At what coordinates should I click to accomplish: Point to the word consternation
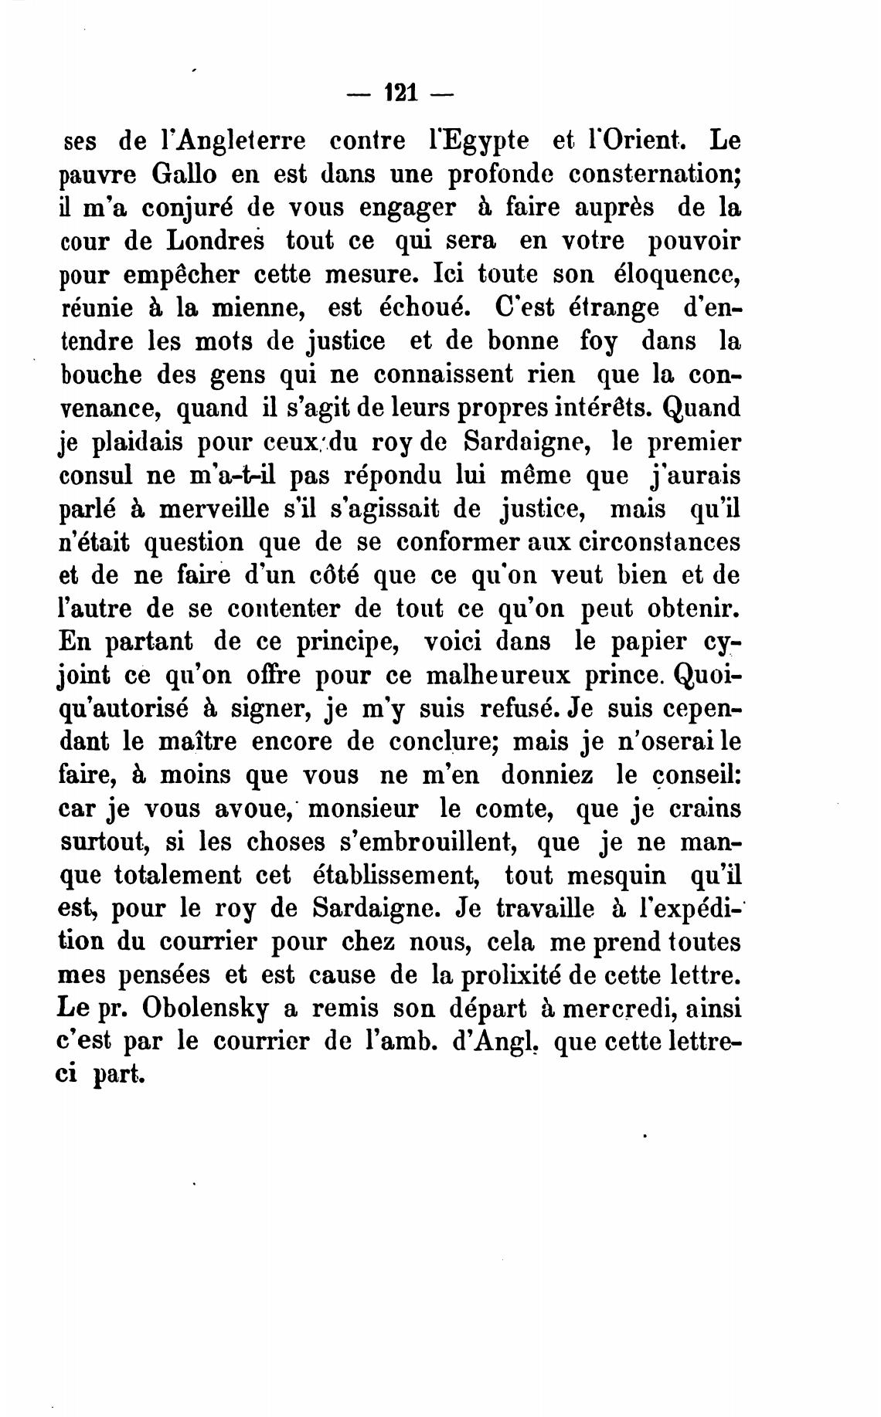pyautogui.click(x=655, y=175)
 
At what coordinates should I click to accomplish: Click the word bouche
pyautogui.click(x=100, y=375)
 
